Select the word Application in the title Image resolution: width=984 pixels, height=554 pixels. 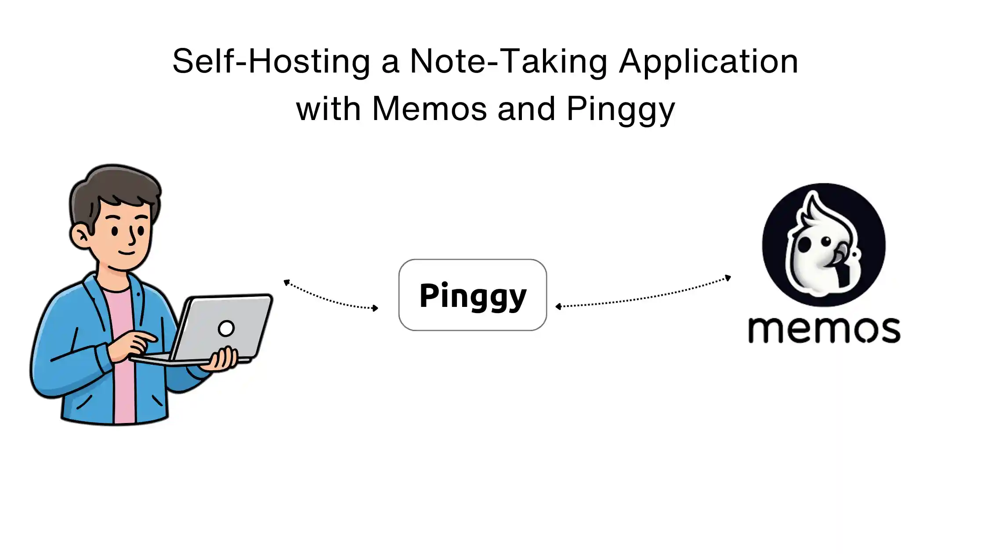tap(708, 62)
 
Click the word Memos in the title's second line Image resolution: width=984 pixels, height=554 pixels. tap(429, 109)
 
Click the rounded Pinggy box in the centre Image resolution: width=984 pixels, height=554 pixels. tap(472, 295)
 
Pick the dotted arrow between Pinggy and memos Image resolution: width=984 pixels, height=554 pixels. tap(644, 296)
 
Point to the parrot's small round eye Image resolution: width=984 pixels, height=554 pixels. tap(826, 241)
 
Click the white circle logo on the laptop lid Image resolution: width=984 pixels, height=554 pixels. tap(226, 328)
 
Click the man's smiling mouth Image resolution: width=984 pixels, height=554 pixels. tap(127, 253)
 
